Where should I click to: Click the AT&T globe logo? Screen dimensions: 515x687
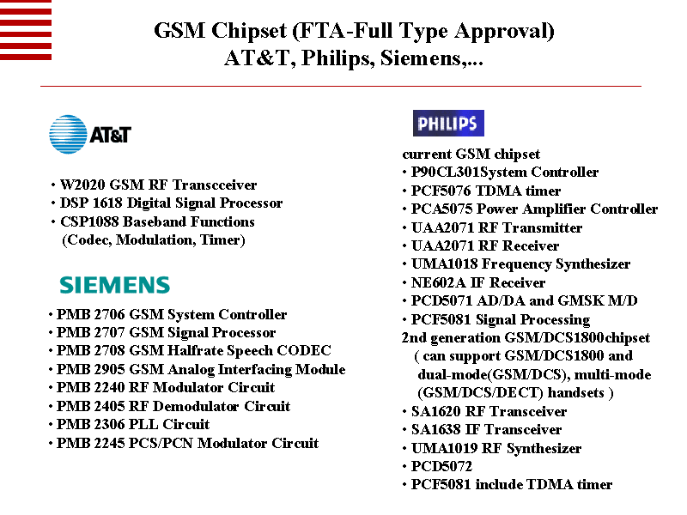(68, 135)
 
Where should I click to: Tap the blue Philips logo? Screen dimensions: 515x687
(448, 124)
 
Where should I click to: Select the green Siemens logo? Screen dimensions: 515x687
(114, 285)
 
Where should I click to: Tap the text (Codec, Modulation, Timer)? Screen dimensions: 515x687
(154, 239)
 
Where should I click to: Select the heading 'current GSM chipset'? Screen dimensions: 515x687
(471, 154)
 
